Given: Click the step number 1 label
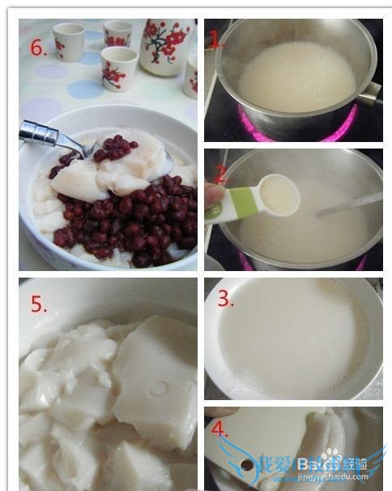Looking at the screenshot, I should [214, 39].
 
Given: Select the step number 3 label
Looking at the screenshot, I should [225, 299].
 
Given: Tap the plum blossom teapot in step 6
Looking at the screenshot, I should [166, 45].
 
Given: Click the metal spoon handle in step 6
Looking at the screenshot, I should [45, 134].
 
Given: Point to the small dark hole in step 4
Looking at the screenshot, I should [245, 465].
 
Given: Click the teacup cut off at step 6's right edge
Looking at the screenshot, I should [191, 77].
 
